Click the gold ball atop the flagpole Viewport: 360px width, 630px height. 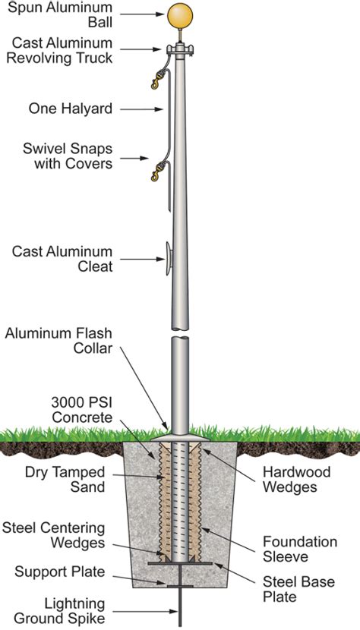180,15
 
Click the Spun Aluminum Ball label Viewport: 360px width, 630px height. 68,15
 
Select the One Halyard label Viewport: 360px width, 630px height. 71,109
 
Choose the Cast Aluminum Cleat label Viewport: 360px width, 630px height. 62,259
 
